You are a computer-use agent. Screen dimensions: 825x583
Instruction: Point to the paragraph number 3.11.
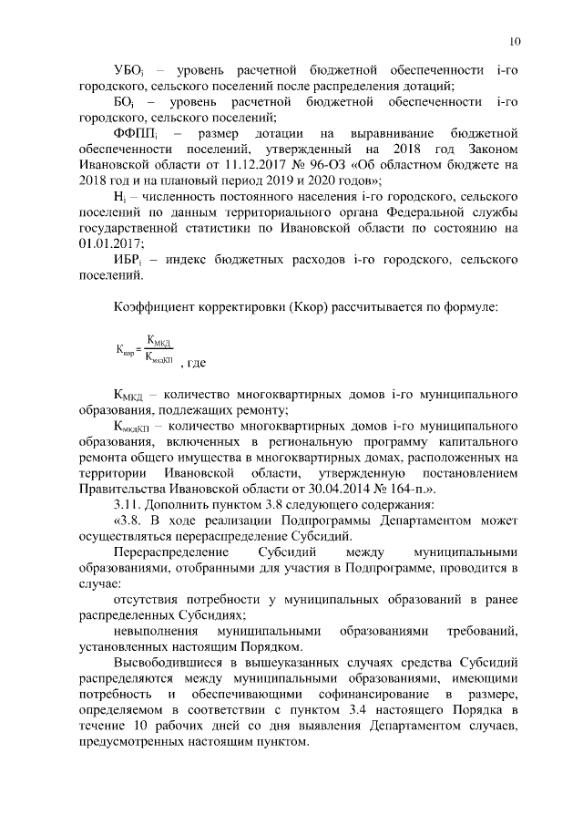pos(128,504)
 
